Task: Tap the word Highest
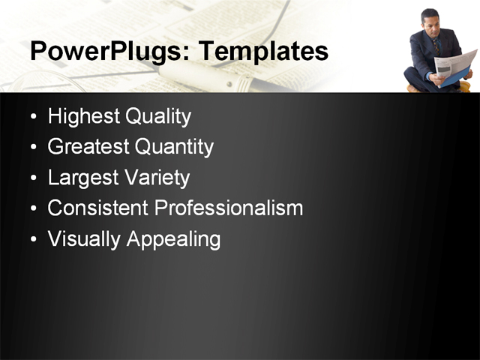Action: [x=82, y=117]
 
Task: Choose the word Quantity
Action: [x=174, y=148]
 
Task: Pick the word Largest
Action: [x=80, y=178]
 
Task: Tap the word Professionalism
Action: [x=229, y=208]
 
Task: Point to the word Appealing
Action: [x=173, y=240]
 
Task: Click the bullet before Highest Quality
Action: [x=33, y=118]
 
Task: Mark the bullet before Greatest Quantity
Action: [x=33, y=148]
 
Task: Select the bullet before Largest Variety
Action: [x=33, y=179]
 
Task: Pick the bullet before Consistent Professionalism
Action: [x=33, y=209]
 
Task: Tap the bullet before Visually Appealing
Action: [x=33, y=240]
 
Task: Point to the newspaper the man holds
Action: [x=454, y=65]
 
